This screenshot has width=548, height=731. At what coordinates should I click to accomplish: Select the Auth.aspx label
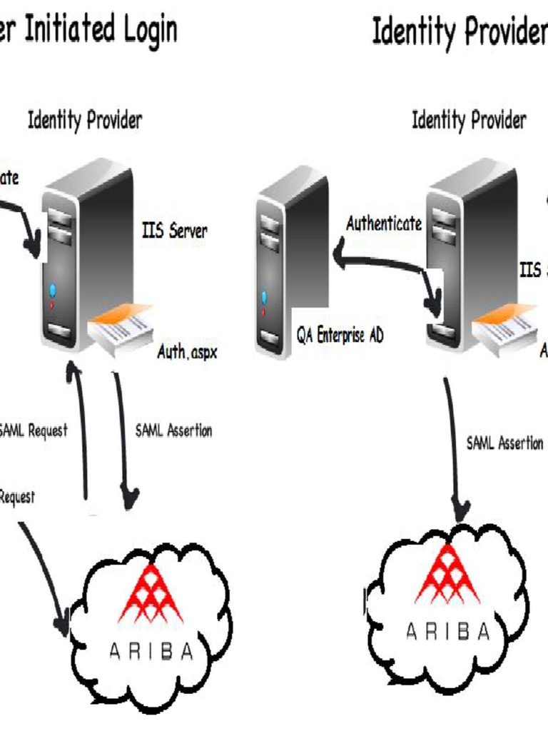click(x=186, y=352)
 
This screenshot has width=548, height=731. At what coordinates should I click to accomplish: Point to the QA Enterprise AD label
click(x=340, y=336)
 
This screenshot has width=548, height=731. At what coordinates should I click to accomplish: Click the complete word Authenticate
click(x=384, y=224)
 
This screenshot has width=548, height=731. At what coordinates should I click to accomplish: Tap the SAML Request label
click(x=33, y=430)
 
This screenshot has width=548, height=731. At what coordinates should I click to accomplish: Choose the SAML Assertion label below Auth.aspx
click(x=173, y=430)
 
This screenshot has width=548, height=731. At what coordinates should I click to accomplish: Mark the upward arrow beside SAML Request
click(x=82, y=428)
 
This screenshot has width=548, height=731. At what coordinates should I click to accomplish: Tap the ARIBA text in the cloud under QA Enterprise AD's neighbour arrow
click(x=448, y=631)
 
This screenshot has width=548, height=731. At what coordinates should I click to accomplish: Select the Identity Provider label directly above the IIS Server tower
click(x=85, y=120)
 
